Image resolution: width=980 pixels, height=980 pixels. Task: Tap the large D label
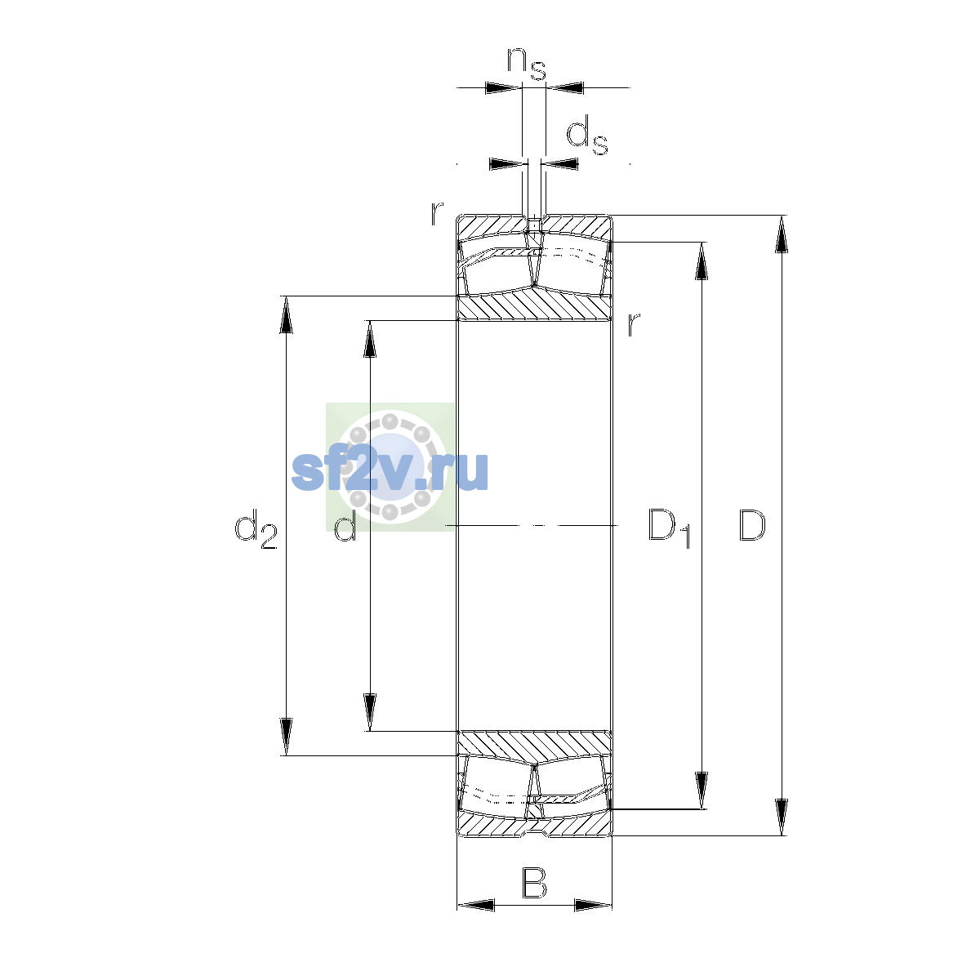point(751,525)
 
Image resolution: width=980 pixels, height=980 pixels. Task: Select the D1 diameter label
point(670,528)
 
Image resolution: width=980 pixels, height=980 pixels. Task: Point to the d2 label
point(256,529)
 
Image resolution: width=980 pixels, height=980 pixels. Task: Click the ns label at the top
point(527,64)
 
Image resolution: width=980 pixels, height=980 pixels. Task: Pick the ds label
point(587,136)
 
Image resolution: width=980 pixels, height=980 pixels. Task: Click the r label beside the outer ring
point(437,214)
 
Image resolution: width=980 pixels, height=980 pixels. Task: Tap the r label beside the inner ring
point(633,324)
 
